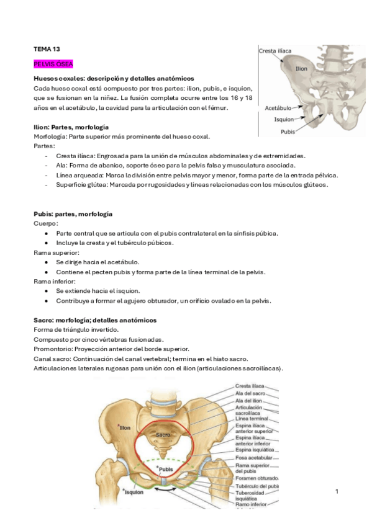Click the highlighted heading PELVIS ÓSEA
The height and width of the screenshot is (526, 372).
point(53,64)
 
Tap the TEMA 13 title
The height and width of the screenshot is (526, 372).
point(47,48)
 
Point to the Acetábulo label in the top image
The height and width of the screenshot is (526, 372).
point(278,108)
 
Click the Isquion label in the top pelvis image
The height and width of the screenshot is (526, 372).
point(284,119)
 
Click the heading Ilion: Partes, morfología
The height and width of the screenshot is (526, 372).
point(71,127)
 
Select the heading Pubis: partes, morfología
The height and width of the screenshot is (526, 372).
point(73,213)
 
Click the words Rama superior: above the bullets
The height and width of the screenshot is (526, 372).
point(56,253)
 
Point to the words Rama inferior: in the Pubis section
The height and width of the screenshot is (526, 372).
point(55,282)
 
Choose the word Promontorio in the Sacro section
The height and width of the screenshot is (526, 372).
point(55,349)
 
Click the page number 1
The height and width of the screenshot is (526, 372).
point(337,492)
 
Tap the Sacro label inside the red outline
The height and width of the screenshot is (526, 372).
point(163,435)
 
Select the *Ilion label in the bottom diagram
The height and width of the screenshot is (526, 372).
point(124,427)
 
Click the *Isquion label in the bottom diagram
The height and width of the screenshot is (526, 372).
point(133,492)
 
